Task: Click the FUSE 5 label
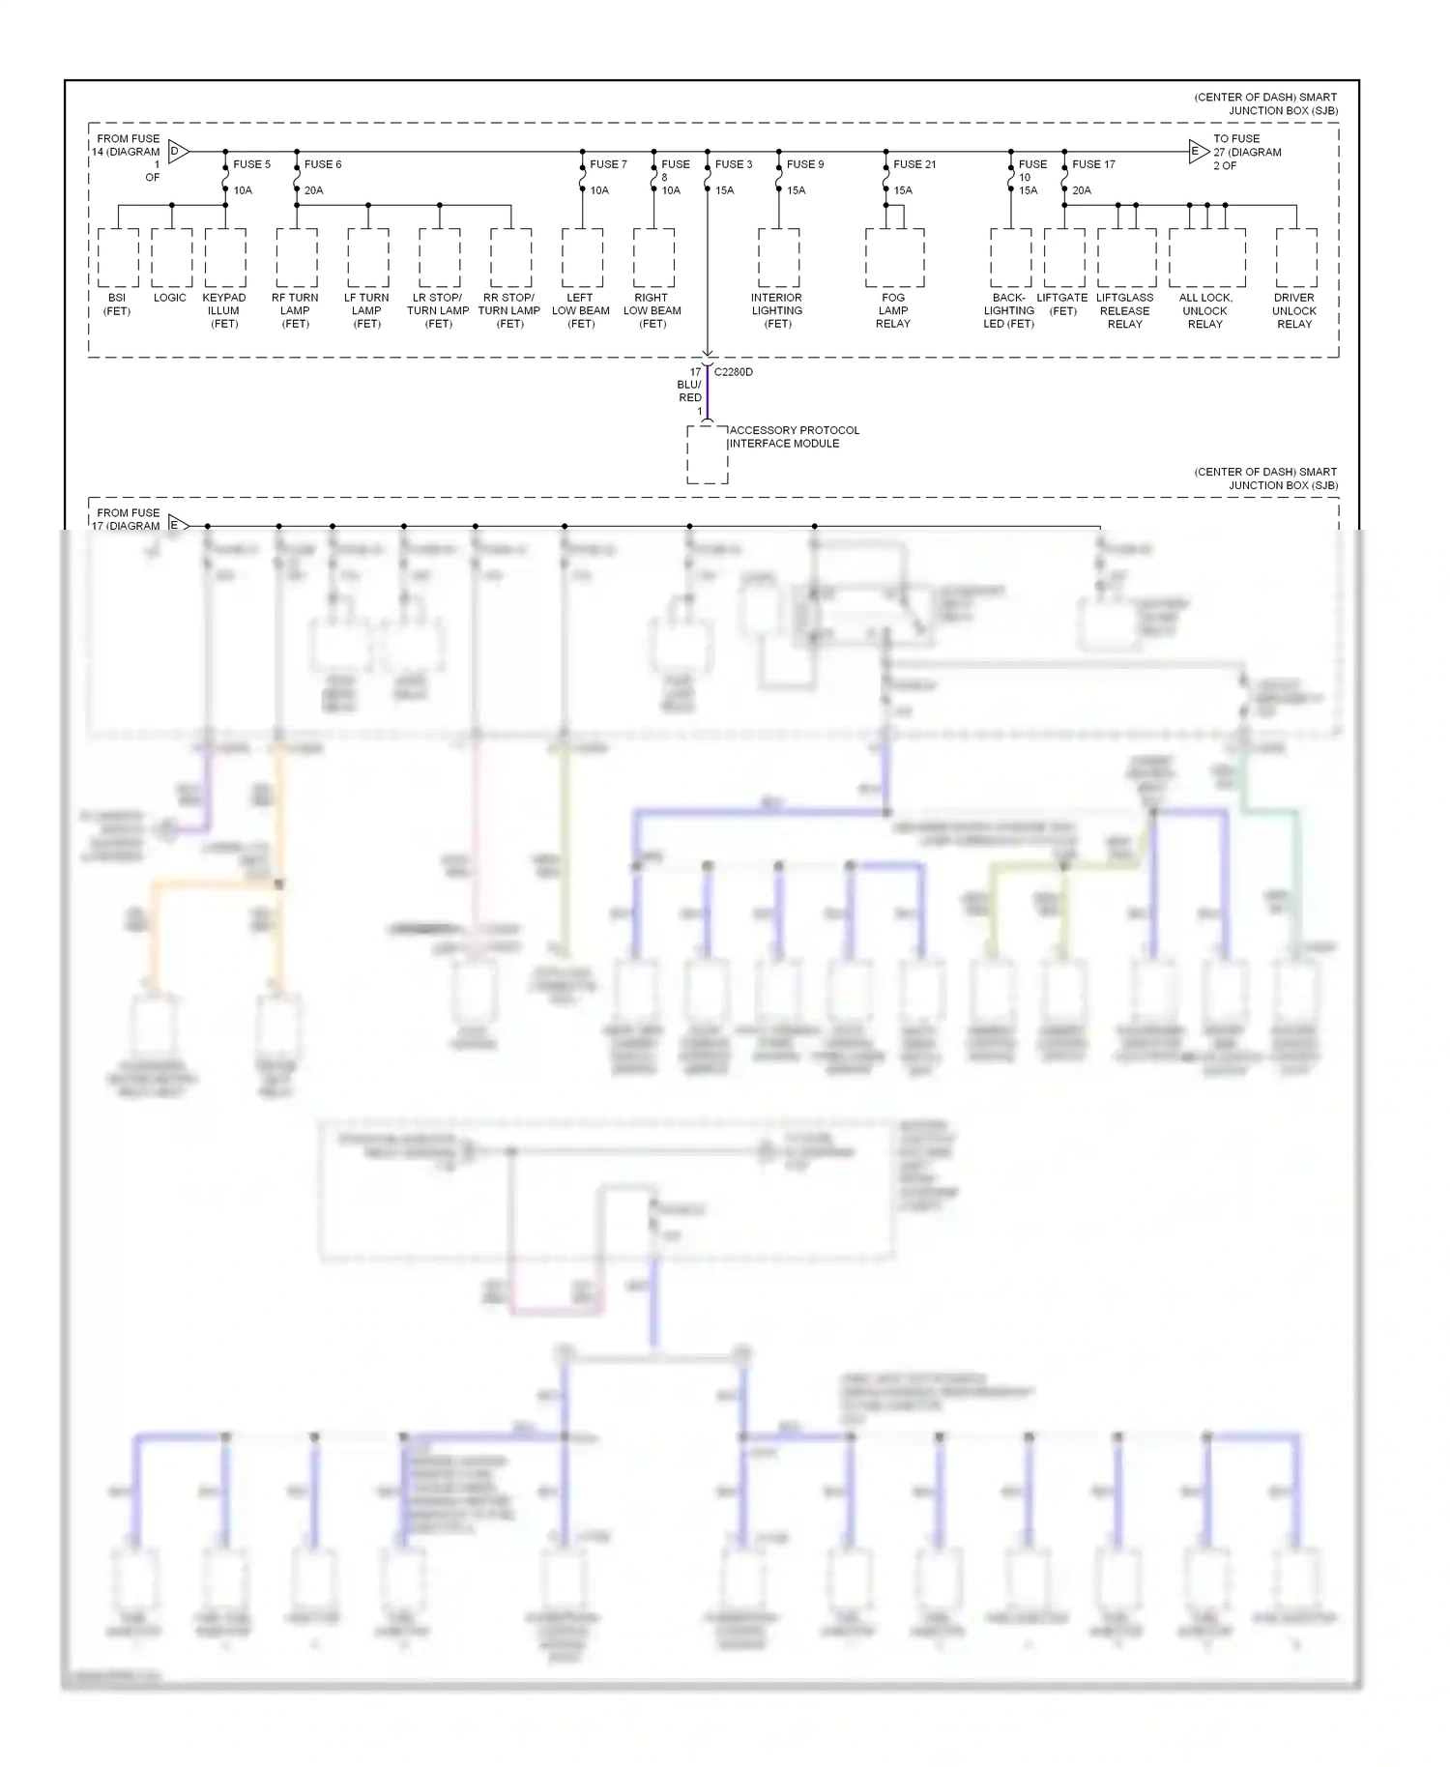tap(251, 164)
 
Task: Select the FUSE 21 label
tap(913, 164)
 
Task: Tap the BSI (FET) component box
tap(118, 258)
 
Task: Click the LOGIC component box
tap(172, 258)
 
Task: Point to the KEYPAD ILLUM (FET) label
tap(224, 310)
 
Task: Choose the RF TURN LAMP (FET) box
tap(296, 258)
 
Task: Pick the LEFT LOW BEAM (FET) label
tap(581, 310)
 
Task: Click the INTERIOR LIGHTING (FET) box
tap(778, 258)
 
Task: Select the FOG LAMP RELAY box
tap(894, 258)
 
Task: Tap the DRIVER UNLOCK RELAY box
tap(1295, 258)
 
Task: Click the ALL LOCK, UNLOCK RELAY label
tap(1205, 310)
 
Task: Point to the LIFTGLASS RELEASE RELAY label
tap(1125, 310)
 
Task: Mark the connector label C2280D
tap(734, 372)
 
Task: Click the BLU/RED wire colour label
tap(689, 391)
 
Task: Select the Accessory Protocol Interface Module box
tap(708, 454)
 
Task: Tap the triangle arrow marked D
tap(178, 151)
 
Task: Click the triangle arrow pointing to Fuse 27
tap(1198, 151)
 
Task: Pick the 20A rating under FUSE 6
tap(313, 190)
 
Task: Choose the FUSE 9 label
tap(804, 164)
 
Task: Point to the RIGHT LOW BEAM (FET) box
tap(653, 258)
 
